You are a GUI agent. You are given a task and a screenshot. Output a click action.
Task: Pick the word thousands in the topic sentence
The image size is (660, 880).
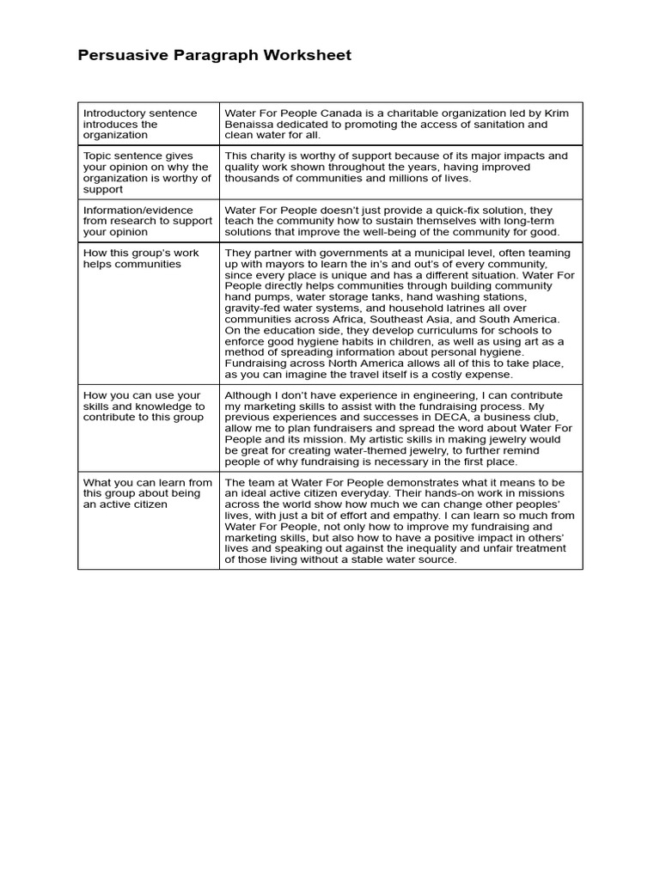(253, 179)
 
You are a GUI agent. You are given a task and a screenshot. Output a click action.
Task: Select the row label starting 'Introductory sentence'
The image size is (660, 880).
(140, 125)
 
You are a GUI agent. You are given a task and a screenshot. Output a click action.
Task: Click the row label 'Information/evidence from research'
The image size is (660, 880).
(146, 221)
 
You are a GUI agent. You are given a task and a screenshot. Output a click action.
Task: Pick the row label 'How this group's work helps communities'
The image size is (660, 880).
(140, 259)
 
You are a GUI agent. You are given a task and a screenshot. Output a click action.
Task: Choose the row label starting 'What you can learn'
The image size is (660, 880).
(146, 493)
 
